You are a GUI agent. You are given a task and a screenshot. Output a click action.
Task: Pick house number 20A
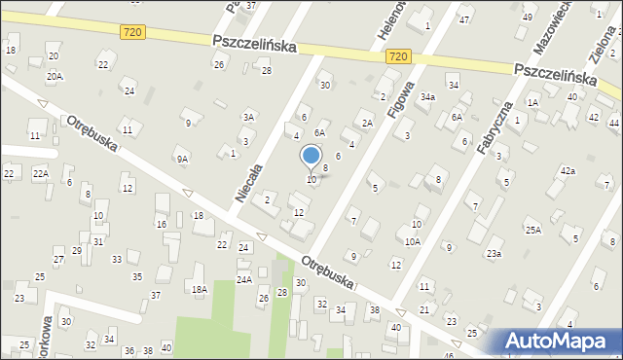tap(55, 76)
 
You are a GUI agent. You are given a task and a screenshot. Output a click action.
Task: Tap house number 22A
tap(40, 173)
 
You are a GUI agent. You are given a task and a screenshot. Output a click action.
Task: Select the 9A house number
tap(182, 159)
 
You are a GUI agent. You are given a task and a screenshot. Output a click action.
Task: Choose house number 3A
tap(249, 117)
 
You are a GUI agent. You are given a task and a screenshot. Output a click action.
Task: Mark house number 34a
tap(427, 97)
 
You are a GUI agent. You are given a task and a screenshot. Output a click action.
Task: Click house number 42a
tap(568, 171)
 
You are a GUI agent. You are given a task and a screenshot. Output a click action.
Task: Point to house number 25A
tap(533, 230)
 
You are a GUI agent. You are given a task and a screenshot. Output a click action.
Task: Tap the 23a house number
tap(495, 254)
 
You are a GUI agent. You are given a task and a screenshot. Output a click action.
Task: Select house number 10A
tap(413, 241)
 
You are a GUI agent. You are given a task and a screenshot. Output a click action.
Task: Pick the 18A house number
tap(199, 289)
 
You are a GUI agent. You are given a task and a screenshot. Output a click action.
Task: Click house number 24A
tap(243, 280)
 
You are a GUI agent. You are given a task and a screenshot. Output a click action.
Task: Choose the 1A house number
tap(532, 102)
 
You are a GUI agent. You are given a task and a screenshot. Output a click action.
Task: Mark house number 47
tap(464, 20)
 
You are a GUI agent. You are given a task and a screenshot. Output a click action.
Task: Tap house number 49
tap(528, 18)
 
